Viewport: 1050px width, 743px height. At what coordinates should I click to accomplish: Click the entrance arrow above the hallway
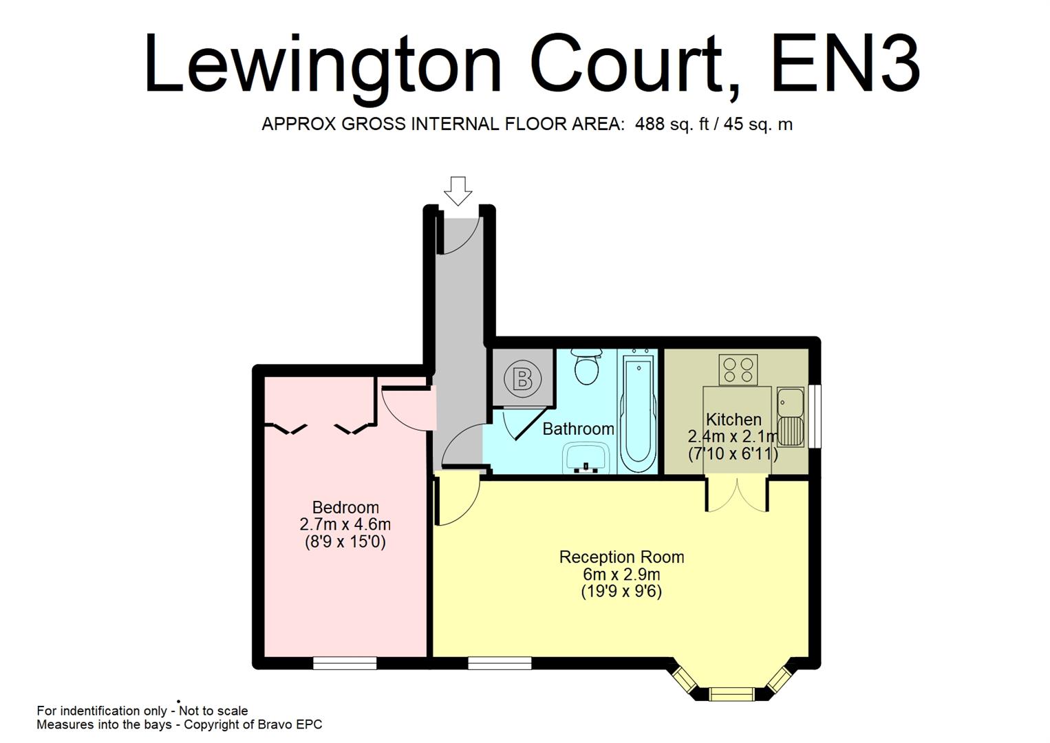458,189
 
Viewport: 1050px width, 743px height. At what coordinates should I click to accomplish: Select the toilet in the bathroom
587,367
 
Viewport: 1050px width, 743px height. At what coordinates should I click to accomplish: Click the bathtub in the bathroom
639,411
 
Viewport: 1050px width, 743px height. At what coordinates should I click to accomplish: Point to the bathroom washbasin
586,458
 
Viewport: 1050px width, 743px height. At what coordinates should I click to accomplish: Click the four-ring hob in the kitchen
738,369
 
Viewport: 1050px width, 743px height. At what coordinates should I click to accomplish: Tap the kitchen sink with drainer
791,416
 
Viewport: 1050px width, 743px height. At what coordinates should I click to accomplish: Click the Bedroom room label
345,508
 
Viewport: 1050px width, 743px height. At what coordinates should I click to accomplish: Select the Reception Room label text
621,557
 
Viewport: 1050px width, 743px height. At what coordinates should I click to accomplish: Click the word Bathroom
578,429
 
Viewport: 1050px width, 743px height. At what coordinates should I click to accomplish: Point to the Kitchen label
733,420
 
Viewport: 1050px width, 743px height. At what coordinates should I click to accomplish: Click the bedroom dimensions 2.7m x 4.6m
345,524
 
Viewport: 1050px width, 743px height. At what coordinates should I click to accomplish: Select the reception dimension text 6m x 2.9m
621,574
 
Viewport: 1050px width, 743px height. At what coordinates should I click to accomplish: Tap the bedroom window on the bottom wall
345,663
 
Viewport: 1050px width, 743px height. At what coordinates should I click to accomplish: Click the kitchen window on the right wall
815,416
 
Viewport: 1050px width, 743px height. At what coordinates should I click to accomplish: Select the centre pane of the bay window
731,693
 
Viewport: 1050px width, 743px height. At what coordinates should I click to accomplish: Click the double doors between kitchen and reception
737,494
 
